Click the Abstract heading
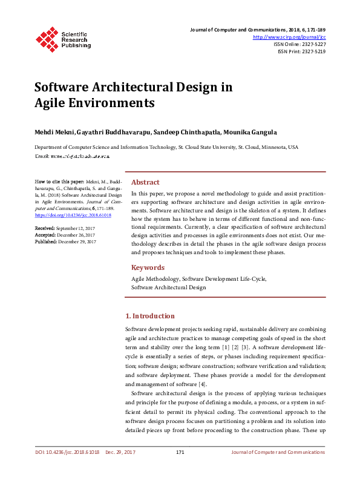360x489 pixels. tap(145, 182)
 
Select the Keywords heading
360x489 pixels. tap(148, 267)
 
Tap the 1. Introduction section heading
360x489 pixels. tap(149, 316)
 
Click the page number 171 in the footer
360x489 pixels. tap(180, 453)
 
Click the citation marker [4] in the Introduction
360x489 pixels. tap(202, 384)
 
